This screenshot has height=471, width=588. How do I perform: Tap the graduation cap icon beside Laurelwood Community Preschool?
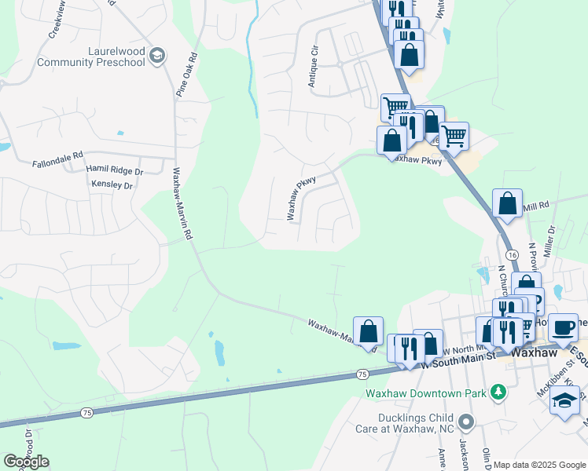(157, 55)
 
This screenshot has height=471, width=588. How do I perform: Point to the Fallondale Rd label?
(57, 165)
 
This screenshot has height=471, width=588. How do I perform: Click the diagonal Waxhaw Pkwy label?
(301, 197)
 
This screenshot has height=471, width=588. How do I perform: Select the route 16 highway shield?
(512, 256)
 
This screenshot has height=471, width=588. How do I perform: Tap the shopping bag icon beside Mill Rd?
(508, 203)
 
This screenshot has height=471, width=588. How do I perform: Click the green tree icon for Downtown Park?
(497, 391)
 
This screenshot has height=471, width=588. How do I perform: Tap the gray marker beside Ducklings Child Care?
(466, 422)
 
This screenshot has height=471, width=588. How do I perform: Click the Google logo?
(26, 461)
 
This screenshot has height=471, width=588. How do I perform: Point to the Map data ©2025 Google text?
(538, 465)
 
